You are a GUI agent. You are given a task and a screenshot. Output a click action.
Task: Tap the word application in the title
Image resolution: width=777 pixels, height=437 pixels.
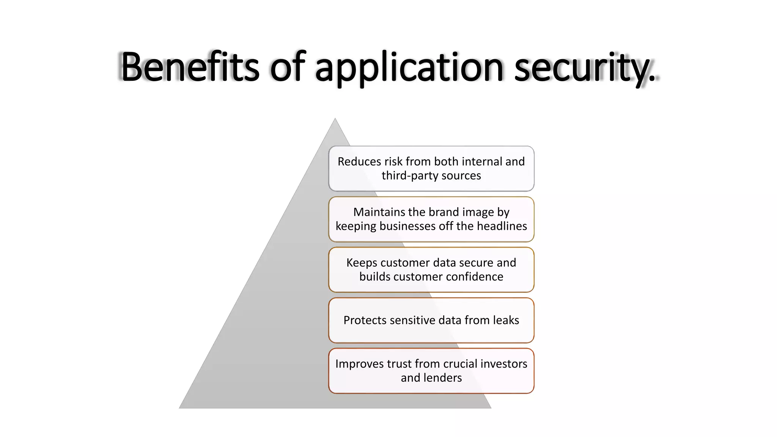pos(409,68)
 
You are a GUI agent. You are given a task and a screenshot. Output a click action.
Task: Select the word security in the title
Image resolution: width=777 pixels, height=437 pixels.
pos(580,68)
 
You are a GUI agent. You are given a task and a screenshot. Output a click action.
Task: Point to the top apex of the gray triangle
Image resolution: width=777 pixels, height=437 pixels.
pos(335,119)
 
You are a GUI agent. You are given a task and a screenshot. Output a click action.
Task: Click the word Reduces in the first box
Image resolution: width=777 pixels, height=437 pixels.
pos(359,162)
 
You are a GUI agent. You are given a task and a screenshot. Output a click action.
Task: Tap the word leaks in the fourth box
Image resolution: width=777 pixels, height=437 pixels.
pos(505,320)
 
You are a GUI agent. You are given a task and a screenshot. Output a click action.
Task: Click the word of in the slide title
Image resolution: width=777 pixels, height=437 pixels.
pos(287,67)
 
